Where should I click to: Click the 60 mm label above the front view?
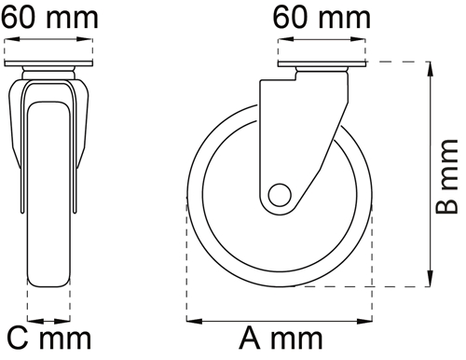(49, 18)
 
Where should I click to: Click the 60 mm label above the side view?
(322, 18)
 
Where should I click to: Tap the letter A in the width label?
(250, 338)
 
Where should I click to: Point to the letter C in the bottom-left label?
(18, 338)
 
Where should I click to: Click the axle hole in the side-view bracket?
(280, 195)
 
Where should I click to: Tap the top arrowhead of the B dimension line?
(431, 69)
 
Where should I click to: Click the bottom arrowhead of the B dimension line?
(431, 279)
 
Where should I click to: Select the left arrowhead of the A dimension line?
(194, 321)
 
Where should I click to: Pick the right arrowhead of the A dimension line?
(364, 321)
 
